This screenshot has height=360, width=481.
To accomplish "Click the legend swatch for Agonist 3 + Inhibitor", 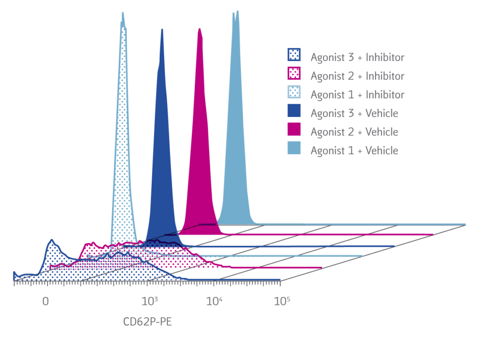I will (295, 56).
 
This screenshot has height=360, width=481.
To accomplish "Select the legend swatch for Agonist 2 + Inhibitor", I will (295, 75).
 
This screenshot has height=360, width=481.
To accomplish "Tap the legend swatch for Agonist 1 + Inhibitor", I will (295, 94).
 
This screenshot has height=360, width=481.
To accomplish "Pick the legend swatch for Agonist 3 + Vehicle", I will (295, 113).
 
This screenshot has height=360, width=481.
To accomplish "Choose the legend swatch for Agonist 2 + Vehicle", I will (295, 132).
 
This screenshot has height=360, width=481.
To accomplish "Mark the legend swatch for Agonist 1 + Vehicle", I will (295, 150).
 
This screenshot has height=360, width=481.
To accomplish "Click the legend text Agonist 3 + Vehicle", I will (354, 113).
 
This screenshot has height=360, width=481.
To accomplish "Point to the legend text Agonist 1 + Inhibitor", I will (357, 94).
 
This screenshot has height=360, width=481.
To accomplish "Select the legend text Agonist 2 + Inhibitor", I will (357, 76).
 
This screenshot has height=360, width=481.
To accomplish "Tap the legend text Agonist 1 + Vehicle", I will (354, 151).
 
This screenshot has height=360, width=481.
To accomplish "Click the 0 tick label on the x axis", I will (46, 301).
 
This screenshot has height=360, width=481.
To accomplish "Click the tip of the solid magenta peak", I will (200, 29).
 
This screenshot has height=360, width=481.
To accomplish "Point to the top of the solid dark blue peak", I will (162, 29).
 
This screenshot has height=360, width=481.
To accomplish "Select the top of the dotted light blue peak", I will (123, 13).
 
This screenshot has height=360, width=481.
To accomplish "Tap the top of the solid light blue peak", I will (235, 11).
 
